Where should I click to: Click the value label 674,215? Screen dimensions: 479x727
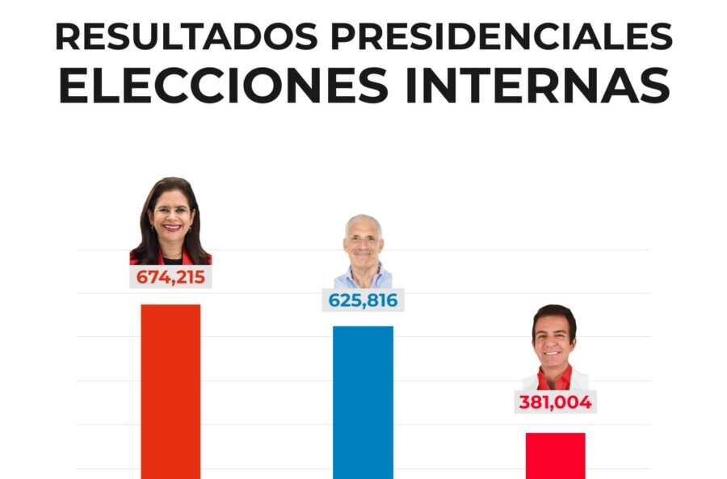(x=170, y=278)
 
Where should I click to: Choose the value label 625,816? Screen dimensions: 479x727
(x=363, y=300)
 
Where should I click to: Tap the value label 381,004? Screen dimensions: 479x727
(x=555, y=401)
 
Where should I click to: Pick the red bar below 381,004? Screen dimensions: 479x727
(x=555, y=456)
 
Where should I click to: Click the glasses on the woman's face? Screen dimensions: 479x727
(x=171, y=211)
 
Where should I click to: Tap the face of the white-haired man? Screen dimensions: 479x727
(x=363, y=242)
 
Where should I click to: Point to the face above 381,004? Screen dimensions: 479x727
(x=554, y=340)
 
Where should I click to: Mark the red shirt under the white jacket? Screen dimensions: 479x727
(x=555, y=379)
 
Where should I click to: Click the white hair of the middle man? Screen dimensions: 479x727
(x=363, y=220)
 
